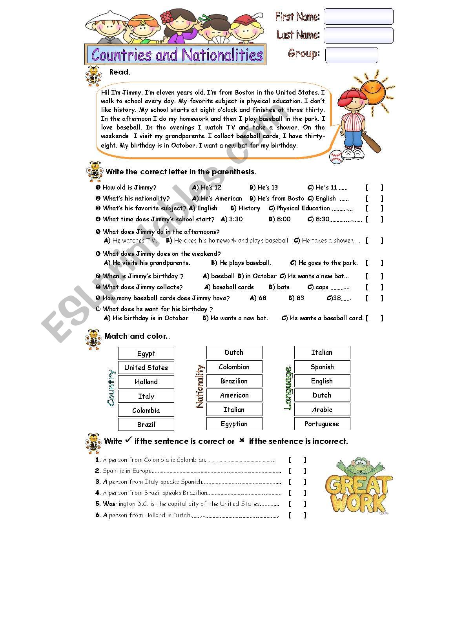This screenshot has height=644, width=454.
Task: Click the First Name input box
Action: (358, 16)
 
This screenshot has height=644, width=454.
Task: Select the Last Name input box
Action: (358, 35)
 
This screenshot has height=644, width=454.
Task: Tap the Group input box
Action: (352, 55)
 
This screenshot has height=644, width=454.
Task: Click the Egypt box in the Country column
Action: (146, 354)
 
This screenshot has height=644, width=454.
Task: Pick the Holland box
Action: (146, 382)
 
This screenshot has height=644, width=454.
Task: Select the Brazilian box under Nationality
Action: (234, 381)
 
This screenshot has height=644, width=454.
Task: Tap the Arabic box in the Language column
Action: (322, 410)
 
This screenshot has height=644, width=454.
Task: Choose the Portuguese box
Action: (322, 424)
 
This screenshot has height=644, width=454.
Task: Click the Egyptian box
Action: (234, 424)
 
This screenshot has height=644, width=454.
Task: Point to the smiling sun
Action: (372, 90)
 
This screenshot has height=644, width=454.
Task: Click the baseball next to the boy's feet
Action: (336, 157)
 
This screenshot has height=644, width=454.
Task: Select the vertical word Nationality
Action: (200, 387)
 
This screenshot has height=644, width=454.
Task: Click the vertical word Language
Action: (288, 388)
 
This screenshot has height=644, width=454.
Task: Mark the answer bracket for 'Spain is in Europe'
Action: (297, 471)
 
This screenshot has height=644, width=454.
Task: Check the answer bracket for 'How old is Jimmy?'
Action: (374, 188)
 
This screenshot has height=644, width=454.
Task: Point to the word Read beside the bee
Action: (119, 72)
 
